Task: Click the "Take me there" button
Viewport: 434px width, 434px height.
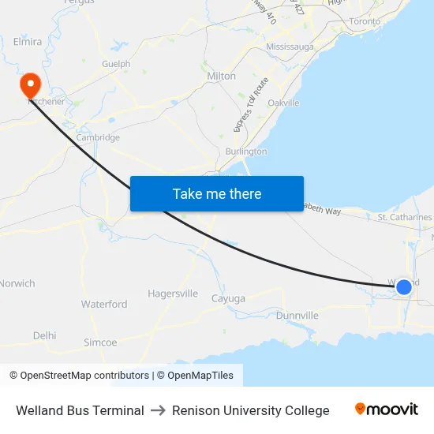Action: [217, 193]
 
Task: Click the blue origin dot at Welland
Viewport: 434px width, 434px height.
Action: [403, 286]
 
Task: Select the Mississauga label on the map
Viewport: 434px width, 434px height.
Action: [290, 47]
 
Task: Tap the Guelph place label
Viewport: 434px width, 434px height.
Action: [116, 64]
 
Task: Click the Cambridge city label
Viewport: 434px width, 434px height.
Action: [98, 137]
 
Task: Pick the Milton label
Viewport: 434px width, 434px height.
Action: [221, 76]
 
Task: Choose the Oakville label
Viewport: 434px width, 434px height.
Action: [283, 103]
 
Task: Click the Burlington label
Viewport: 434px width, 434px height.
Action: [245, 151]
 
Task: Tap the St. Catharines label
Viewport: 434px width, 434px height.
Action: [405, 217]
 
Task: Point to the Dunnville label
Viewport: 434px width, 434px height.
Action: [297, 316]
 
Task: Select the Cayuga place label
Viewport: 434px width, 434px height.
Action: [228, 298]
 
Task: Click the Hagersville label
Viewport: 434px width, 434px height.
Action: [173, 294]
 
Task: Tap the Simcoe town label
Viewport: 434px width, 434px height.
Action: [100, 342]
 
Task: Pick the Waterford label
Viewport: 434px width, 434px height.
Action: [103, 304]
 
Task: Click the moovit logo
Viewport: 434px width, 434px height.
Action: [387, 410]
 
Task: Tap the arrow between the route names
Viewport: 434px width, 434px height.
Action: [158, 410]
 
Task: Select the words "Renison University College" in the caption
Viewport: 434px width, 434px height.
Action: [251, 410]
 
